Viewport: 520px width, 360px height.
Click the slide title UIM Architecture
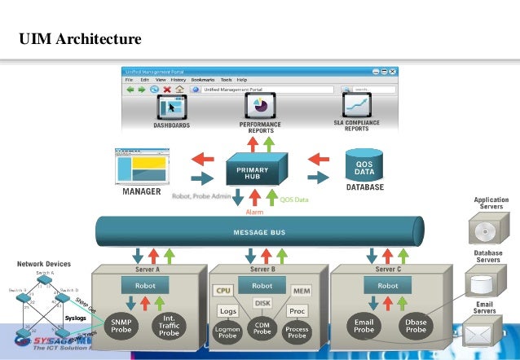80,38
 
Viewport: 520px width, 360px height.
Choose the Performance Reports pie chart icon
261,106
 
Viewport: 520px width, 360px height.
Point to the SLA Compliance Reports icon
355,106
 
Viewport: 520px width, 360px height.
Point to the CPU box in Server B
223,290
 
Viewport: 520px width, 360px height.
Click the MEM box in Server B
302,290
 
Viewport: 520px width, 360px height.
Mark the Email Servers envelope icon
483,335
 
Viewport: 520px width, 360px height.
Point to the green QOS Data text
296,199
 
